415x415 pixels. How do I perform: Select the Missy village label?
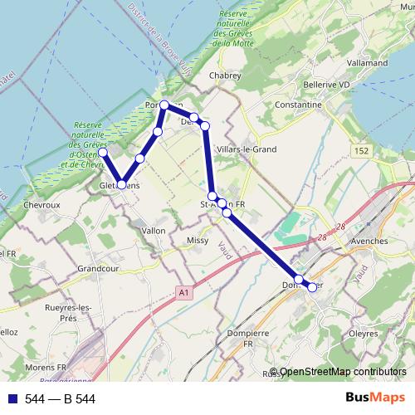coord(198,241)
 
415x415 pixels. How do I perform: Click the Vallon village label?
coord(154,230)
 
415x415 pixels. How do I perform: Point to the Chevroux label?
coord(43,204)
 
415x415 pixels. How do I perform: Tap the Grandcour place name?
coord(99,269)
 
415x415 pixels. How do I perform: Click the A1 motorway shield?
coord(183,293)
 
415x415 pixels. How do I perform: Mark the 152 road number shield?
coord(359,149)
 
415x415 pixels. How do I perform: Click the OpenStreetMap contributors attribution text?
coord(343,372)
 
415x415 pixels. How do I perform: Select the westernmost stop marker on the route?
coord(103,153)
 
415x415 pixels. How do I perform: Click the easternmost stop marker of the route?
coord(312,287)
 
